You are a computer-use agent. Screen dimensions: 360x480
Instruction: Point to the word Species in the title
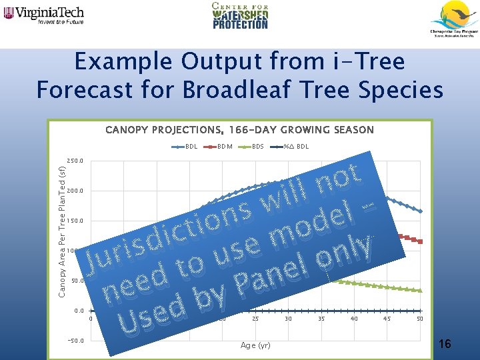click(x=399, y=89)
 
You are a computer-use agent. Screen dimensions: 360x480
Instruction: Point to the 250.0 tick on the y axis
click(x=75, y=161)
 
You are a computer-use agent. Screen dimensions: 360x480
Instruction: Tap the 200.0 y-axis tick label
click(x=75, y=191)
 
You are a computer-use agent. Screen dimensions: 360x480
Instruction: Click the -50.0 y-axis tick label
click(x=75, y=341)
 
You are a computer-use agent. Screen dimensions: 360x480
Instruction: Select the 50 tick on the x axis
click(x=419, y=319)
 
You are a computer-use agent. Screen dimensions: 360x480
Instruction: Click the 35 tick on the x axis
click(x=321, y=319)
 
